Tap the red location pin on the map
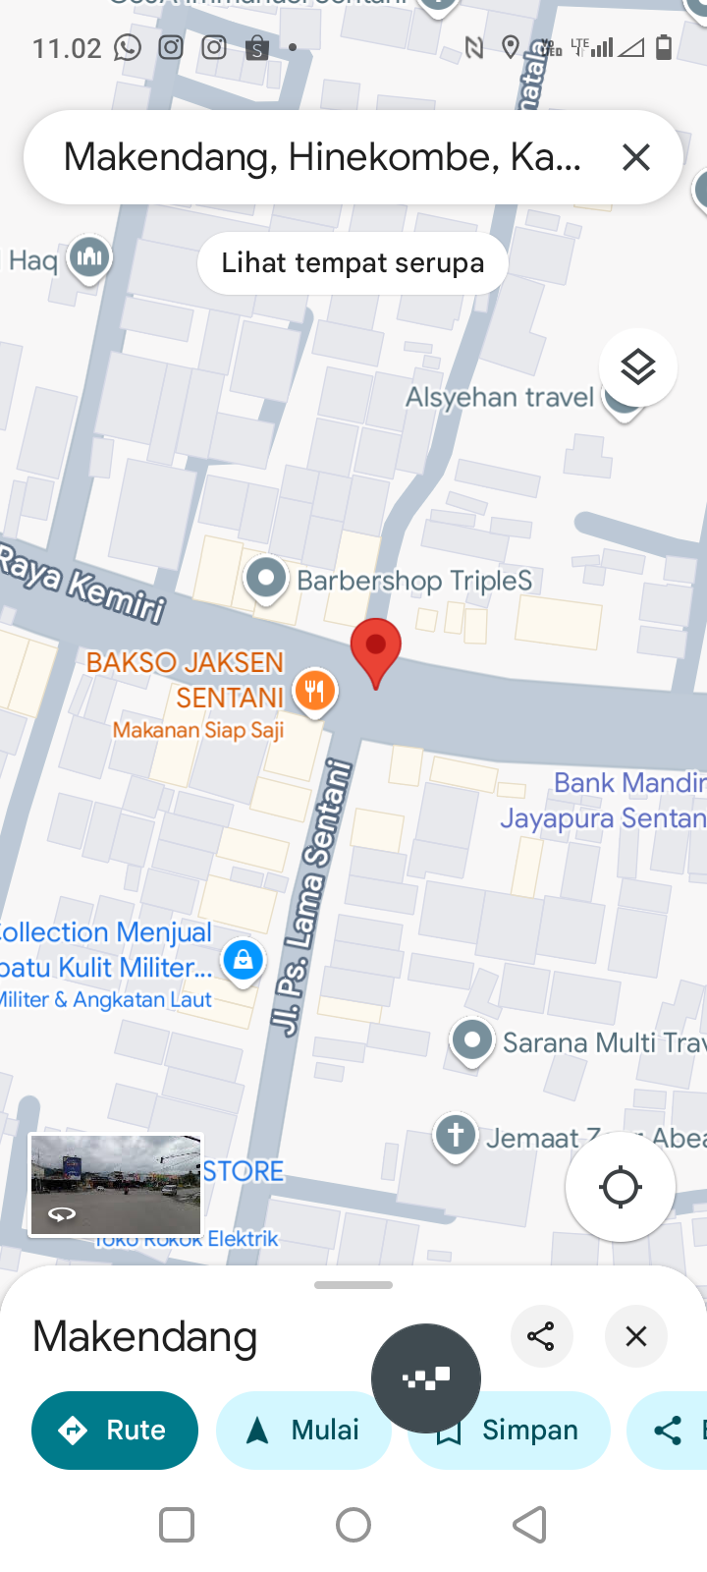375,648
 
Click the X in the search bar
636,157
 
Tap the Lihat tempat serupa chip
353,263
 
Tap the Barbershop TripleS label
414,581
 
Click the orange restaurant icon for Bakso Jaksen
314,691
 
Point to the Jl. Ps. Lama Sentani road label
311,897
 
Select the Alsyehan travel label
500,397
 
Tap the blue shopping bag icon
243,960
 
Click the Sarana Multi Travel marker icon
472,1040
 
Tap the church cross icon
456,1136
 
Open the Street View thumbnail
116,1185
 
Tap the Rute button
115,1431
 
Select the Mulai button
303,1431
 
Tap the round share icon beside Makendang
541,1336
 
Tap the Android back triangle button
530,1525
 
